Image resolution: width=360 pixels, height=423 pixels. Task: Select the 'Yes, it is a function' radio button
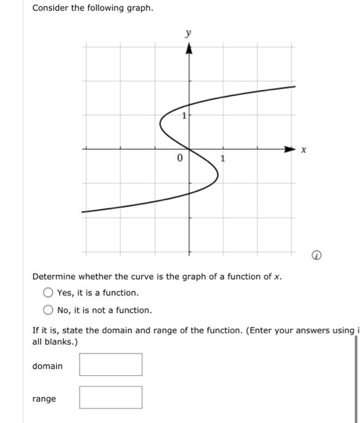pos(48,293)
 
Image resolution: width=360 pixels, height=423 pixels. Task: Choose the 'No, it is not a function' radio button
pos(48,311)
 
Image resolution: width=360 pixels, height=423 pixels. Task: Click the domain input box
pos(111,364)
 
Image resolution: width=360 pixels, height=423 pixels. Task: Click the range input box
pos(111,398)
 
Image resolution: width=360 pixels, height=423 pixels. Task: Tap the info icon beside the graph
pos(315,256)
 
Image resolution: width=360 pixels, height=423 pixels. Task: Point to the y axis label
pos(188,34)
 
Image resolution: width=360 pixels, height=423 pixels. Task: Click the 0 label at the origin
pos(179,159)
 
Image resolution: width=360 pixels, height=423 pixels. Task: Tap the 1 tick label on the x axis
pos(223,159)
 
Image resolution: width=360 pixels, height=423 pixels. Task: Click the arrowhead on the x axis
pos(292,148)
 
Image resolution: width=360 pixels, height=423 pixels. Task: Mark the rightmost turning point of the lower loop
pos(218,175)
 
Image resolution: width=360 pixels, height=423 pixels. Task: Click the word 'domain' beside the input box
pos(47,366)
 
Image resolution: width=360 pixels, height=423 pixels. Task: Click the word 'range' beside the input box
pos(44,399)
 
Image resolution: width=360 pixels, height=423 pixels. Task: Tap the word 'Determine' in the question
pos(54,277)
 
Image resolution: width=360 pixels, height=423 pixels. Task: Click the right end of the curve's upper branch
pos(295,87)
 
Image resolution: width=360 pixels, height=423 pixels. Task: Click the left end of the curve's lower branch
pos(83,211)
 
